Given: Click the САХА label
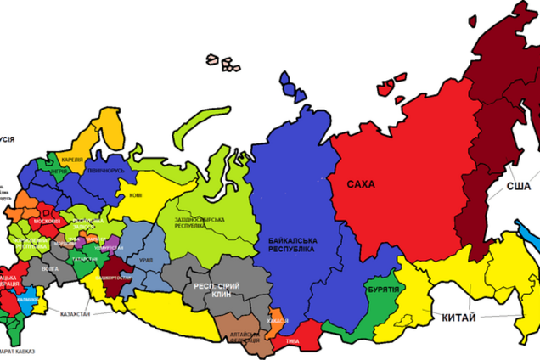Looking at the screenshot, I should pos(362,183).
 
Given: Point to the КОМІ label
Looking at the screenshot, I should pos(135,195).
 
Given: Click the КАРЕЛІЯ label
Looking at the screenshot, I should pos(71,158).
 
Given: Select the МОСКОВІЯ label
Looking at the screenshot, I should pos(47,221).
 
